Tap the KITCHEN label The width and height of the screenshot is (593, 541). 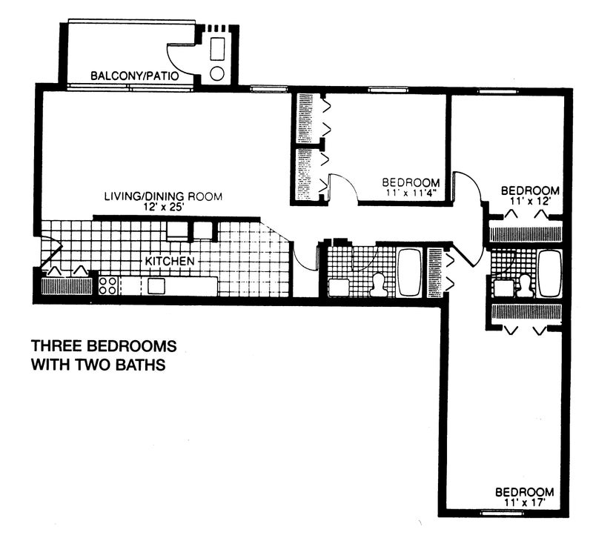point(170,262)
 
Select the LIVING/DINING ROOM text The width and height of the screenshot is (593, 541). point(162,196)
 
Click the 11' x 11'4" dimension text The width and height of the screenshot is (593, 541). point(411,193)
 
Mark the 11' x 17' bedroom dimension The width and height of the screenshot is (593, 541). point(524,502)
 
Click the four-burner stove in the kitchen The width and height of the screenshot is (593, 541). point(108,286)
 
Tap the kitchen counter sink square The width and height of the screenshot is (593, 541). point(156,286)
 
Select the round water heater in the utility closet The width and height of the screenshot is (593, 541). point(218,73)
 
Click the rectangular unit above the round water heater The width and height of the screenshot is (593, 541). point(218,49)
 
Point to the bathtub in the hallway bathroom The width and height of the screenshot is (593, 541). point(409,272)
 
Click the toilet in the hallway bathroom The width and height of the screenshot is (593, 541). point(377,285)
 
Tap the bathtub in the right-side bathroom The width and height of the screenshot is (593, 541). point(549,273)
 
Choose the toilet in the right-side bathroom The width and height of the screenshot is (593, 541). point(526,285)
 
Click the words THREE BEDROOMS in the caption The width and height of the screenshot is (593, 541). point(103,346)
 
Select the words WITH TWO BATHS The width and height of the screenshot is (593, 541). point(97,365)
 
